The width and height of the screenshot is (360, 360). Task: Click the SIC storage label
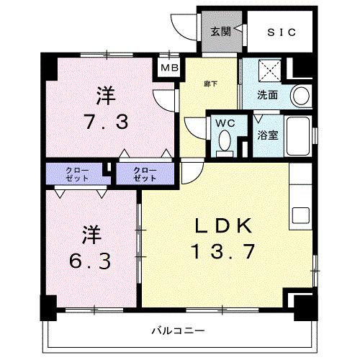[281, 32]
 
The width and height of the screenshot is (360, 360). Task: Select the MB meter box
[171, 68]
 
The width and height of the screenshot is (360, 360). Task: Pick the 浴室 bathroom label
[269, 135]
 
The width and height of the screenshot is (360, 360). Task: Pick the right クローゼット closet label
[145, 174]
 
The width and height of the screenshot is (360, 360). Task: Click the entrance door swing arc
[186, 29]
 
